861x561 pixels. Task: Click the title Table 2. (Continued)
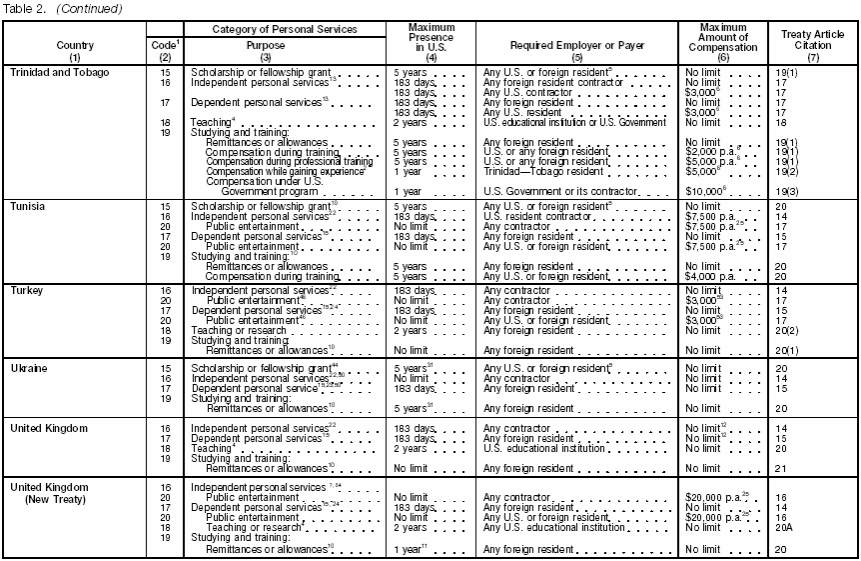pyautogui.click(x=62, y=9)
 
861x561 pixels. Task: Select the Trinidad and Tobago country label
pyautogui.click(x=60, y=73)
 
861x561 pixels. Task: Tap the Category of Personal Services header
pyautogui.click(x=285, y=30)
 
